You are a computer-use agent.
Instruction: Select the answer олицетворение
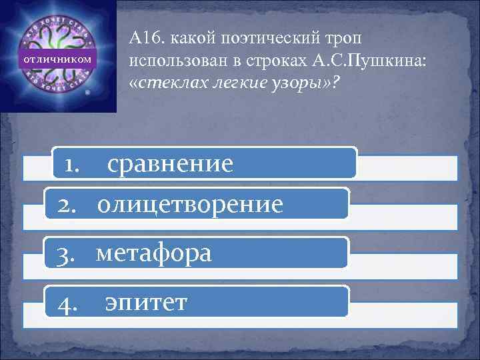click(x=189, y=204)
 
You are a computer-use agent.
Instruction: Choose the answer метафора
click(x=154, y=253)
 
